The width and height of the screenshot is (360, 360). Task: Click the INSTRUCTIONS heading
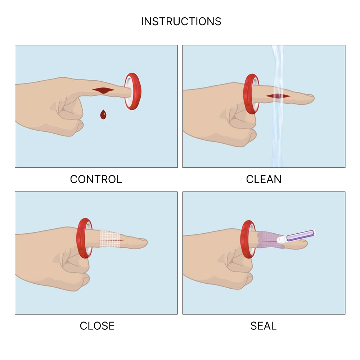click(181, 22)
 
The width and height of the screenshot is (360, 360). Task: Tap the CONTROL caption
click(96, 179)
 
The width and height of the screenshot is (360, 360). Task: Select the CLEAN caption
click(264, 179)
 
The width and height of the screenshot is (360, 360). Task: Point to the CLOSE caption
click(97, 326)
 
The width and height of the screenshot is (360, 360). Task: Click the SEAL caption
click(264, 326)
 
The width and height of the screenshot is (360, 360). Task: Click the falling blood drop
click(103, 114)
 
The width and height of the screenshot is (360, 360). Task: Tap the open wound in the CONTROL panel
click(103, 90)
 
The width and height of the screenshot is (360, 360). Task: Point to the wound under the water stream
click(278, 96)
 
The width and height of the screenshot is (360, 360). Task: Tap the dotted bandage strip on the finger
click(110, 239)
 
